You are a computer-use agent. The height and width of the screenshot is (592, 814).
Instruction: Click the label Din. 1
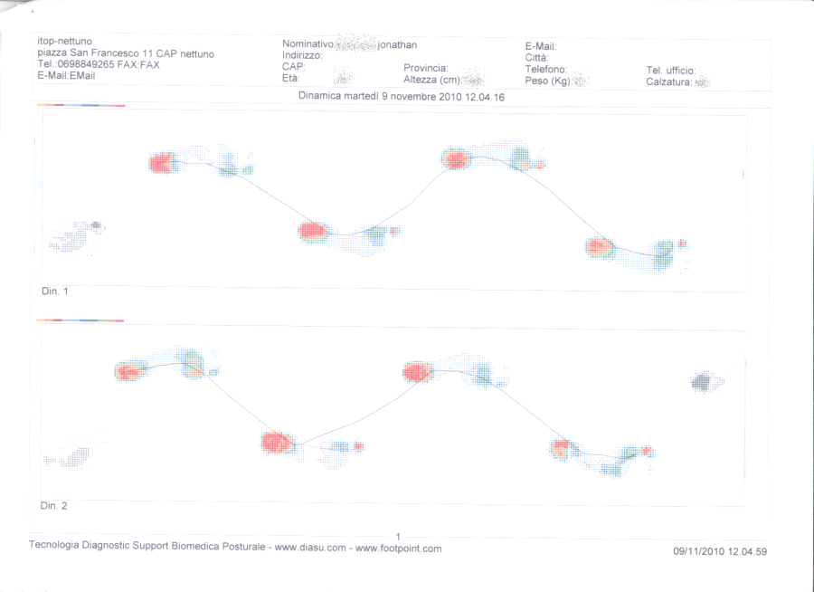click(54, 291)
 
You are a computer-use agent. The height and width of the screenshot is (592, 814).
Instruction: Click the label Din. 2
click(54, 505)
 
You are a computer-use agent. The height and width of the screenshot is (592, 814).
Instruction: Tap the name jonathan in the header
click(397, 43)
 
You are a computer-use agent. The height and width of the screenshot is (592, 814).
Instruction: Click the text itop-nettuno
click(64, 42)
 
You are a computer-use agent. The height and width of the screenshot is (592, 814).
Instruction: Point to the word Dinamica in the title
click(321, 95)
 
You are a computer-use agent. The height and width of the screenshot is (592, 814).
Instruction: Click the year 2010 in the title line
click(450, 95)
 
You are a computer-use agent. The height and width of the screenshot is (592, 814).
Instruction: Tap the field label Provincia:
click(426, 68)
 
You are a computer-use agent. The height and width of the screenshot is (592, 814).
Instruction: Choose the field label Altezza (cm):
click(432, 80)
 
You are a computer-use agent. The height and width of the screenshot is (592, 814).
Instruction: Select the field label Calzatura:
click(669, 82)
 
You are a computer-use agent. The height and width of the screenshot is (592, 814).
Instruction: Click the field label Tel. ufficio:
click(670, 70)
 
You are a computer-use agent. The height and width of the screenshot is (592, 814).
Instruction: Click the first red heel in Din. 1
click(161, 163)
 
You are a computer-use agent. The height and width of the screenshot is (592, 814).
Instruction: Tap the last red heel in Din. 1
click(599, 246)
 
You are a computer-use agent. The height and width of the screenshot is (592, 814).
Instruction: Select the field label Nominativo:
click(309, 43)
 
